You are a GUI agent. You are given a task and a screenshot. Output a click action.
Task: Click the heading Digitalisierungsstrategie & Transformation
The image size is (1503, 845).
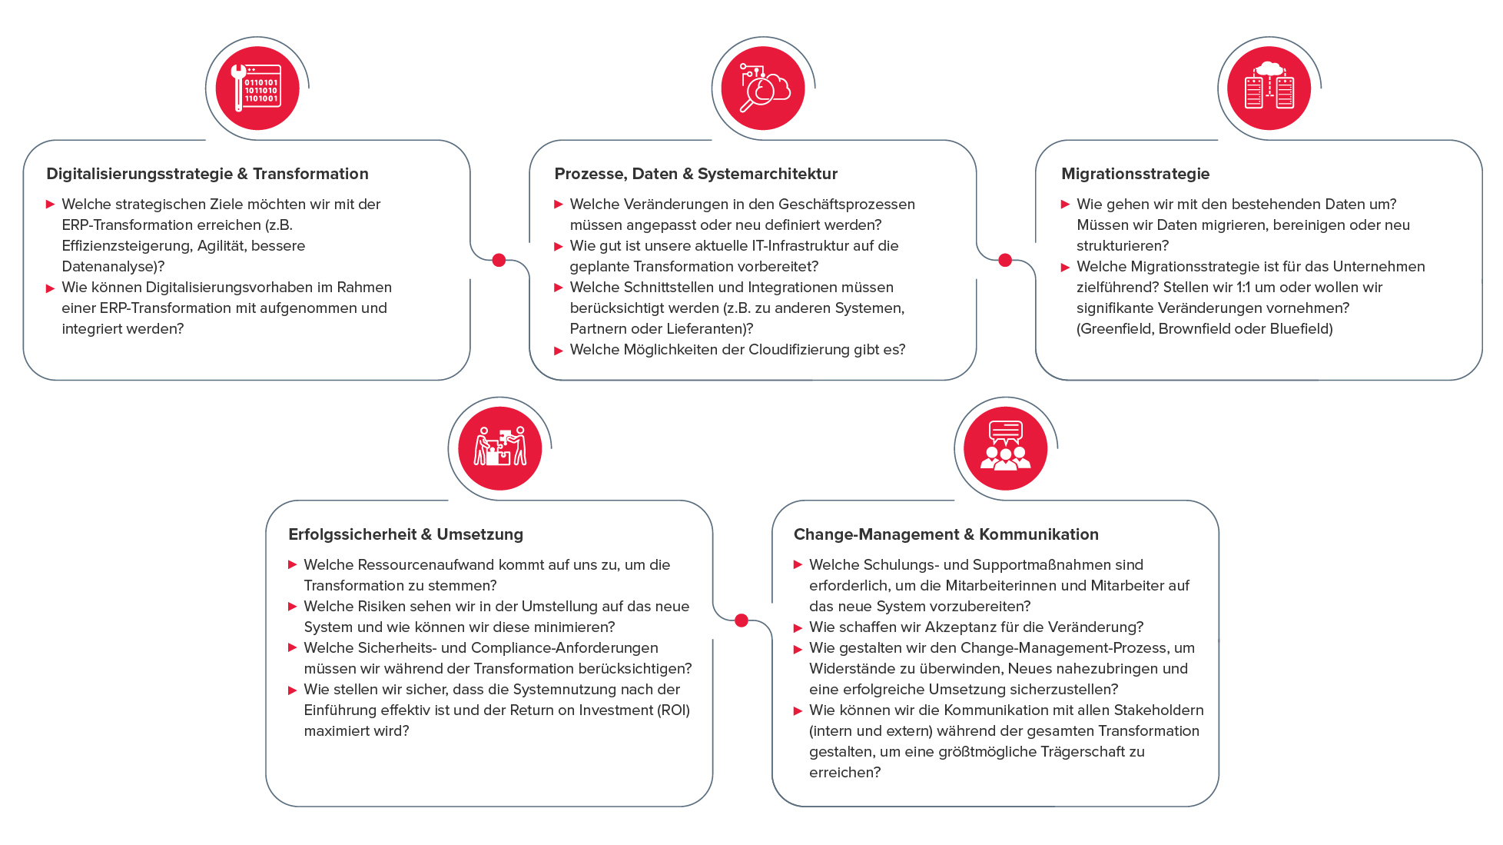click(207, 174)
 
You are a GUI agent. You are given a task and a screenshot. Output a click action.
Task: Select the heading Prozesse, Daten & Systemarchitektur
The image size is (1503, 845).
click(695, 174)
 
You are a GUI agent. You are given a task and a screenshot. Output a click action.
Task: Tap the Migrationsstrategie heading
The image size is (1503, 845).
click(1135, 174)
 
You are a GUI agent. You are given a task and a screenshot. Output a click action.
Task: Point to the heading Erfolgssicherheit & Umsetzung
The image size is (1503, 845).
click(405, 534)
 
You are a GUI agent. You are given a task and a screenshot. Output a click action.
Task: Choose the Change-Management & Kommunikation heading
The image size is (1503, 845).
click(945, 534)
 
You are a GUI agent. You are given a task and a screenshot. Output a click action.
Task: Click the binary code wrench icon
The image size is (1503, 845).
click(257, 88)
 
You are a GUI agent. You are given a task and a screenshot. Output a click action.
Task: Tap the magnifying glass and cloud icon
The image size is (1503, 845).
click(762, 88)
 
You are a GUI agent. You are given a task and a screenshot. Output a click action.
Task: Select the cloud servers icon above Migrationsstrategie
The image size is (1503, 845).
click(1269, 88)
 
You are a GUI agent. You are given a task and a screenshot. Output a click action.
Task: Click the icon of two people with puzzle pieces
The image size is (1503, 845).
click(499, 448)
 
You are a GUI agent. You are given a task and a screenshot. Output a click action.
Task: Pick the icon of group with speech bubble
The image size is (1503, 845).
click(1005, 448)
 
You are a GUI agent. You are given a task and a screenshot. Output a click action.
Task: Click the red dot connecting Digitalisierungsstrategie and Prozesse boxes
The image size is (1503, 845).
click(499, 260)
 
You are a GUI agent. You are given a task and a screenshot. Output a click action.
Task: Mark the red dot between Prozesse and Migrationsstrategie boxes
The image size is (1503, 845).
click(1005, 260)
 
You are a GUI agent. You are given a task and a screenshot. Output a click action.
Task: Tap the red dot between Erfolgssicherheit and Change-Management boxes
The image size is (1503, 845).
click(742, 620)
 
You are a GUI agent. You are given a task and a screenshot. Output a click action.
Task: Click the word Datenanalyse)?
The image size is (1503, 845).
click(113, 267)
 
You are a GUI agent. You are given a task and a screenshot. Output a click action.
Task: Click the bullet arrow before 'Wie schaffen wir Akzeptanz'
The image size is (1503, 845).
click(798, 628)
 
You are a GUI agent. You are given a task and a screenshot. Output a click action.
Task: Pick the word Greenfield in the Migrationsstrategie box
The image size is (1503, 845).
click(1113, 329)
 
